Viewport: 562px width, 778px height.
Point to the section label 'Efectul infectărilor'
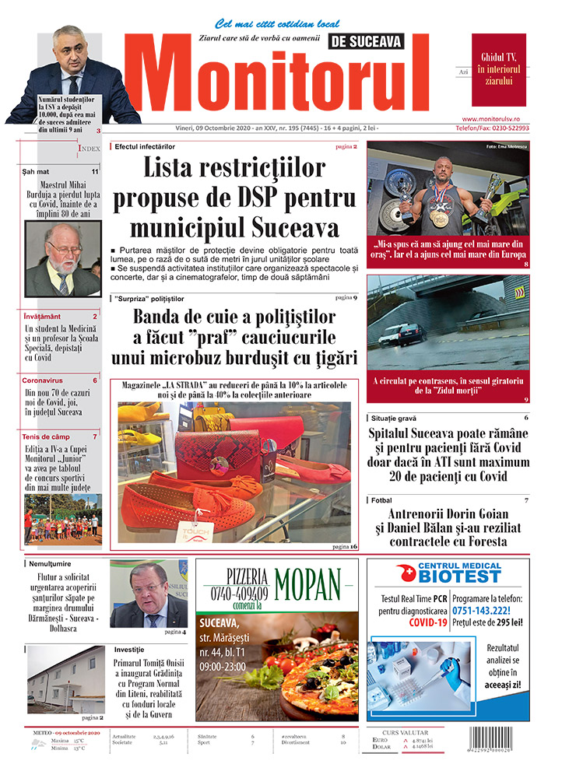pos(145,146)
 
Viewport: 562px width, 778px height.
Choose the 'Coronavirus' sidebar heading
pos(42,380)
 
